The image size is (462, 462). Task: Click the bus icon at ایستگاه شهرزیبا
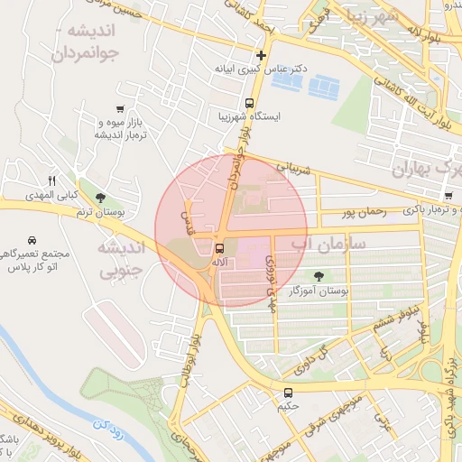pyautogui.click(x=249, y=103)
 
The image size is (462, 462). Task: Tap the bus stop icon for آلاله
pyautogui.click(x=219, y=248)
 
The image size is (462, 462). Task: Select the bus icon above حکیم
pyautogui.click(x=289, y=393)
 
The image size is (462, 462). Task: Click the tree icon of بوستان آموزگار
pyautogui.click(x=319, y=276)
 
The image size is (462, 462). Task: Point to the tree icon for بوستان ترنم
pyautogui.click(x=99, y=199)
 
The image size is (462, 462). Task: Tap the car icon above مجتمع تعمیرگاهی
pyautogui.click(x=32, y=241)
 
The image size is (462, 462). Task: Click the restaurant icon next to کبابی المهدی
pyautogui.click(x=51, y=180)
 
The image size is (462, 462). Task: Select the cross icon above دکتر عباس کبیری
pyautogui.click(x=261, y=56)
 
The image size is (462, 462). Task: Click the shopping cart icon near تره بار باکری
pyautogui.click(x=448, y=196)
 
